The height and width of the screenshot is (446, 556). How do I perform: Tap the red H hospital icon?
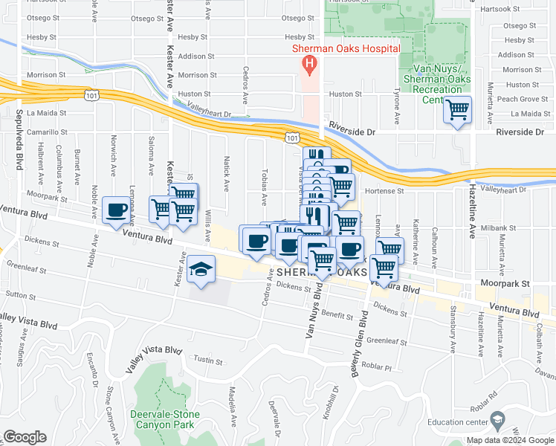point(308,65)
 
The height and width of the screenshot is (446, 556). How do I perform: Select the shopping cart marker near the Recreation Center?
point(458,111)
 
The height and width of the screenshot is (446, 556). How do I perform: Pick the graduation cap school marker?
point(199,269)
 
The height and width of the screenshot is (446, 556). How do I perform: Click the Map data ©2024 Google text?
point(510,440)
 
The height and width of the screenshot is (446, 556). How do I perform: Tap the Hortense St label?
point(385,190)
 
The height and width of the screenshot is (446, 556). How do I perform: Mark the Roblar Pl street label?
point(377,366)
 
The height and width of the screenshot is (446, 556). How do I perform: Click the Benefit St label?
point(337,316)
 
